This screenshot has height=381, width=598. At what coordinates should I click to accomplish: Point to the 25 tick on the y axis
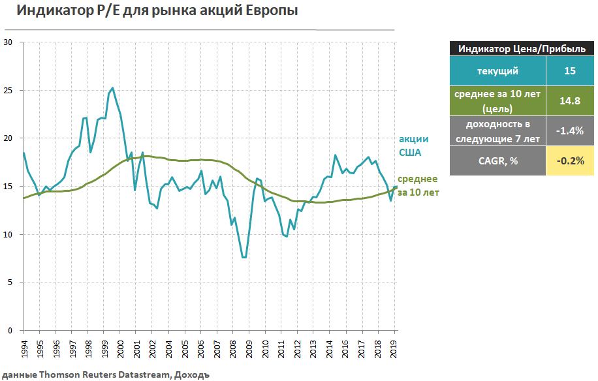coord(8,90)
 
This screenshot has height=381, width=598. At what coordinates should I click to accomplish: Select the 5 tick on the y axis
coord(10,282)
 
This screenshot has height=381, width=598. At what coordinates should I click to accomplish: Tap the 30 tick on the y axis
coord(8,42)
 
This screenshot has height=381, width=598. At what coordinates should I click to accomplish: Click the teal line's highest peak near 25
coord(112,87)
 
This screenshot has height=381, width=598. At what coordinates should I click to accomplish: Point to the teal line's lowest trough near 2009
coord(244,257)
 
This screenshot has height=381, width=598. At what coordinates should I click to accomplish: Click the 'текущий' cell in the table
coord(497,71)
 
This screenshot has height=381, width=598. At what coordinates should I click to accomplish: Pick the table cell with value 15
coord(569,71)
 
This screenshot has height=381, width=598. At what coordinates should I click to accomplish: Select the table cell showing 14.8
coord(569,101)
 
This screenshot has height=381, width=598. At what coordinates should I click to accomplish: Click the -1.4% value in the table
coord(569,130)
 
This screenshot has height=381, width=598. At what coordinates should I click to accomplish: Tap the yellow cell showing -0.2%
coord(569,160)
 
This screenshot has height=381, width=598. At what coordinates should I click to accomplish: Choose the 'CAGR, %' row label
coord(497,160)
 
